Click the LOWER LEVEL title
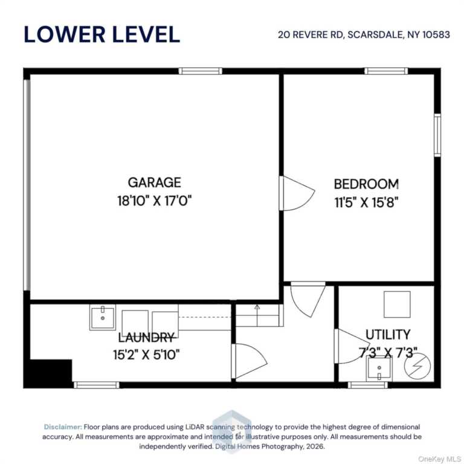click(x=101, y=34)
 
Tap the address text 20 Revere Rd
click(x=311, y=34)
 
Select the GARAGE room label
click(x=155, y=182)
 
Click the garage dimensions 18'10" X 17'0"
click(x=155, y=201)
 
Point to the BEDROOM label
click(x=366, y=184)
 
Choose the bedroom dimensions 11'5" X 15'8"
click(x=366, y=203)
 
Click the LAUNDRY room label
click(x=146, y=337)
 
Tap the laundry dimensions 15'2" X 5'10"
click(x=146, y=354)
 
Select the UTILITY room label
click(x=388, y=335)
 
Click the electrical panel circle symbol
click(x=417, y=367)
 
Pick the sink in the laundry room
click(x=102, y=317)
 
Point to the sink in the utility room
click(x=379, y=369)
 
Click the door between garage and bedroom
click(x=297, y=193)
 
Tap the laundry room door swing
click(x=250, y=361)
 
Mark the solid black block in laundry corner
click(x=48, y=373)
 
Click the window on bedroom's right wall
click(x=437, y=135)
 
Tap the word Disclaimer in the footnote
click(x=63, y=427)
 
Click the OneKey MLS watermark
click(x=439, y=459)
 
